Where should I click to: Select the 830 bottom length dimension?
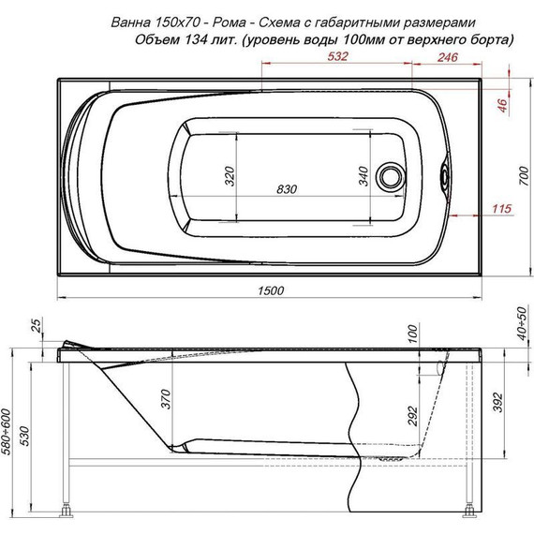287,189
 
